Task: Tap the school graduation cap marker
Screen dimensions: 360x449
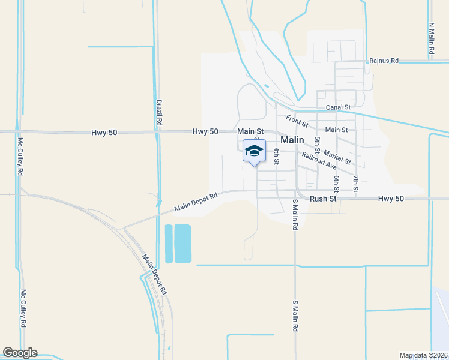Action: [254, 151]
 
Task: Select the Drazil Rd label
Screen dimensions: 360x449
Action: [159, 112]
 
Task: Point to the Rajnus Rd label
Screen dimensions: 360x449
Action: [384, 61]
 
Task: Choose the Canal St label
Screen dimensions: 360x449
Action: [338, 107]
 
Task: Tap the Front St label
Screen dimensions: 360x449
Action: [297, 121]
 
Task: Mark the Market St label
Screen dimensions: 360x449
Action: [339, 158]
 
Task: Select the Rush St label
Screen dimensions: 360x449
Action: [321, 199]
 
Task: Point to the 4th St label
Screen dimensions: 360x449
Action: [277, 156]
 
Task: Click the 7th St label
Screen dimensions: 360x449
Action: [356, 184]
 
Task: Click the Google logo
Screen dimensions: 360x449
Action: [20, 353]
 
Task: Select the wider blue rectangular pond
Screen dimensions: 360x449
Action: [182, 244]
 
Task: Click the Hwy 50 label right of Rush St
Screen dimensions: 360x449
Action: [391, 199]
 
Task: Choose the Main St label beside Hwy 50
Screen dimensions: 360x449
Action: [250, 131]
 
